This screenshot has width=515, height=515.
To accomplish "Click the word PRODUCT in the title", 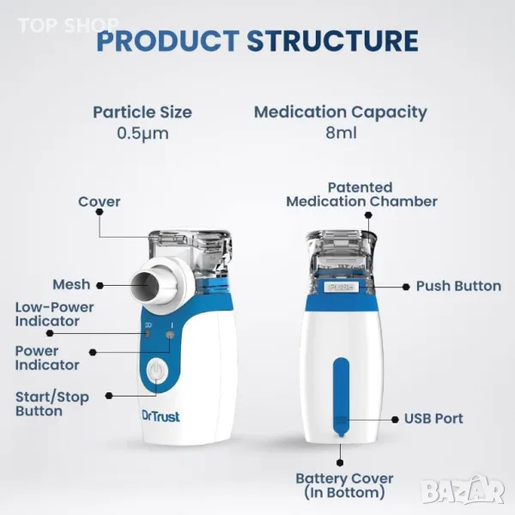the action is (x=168, y=41).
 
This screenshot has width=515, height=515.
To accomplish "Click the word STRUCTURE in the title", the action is (x=332, y=41).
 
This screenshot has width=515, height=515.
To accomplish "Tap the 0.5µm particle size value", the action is (x=142, y=134).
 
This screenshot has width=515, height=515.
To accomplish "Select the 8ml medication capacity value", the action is (x=341, y=133).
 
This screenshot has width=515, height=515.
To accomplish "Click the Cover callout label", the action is (x=100, y=202).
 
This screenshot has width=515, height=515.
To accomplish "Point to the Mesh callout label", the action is (x=71, y=284).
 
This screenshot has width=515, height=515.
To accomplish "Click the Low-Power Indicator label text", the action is (x=55, y=314).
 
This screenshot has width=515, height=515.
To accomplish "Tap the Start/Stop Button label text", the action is (x=52, y=404).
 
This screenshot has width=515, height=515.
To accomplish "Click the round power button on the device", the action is (x=157, y=371).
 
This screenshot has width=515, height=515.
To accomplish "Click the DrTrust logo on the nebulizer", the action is (x=161, y=416).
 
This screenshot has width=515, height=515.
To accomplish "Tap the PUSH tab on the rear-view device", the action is (x=342, y=287).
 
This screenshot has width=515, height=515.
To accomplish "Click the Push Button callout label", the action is (x=459, y=286).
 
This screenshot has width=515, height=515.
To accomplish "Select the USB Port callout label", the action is (x=433, y=419).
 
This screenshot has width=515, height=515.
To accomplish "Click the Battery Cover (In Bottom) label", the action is (x=344, y=486).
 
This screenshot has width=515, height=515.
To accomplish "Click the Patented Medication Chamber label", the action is (x=361, y=195).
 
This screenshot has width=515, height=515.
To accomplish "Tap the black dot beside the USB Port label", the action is (x=395, y=420).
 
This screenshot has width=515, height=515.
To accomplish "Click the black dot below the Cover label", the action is (x=100, y=212).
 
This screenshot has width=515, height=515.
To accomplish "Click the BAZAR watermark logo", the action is (x=463, y=491).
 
